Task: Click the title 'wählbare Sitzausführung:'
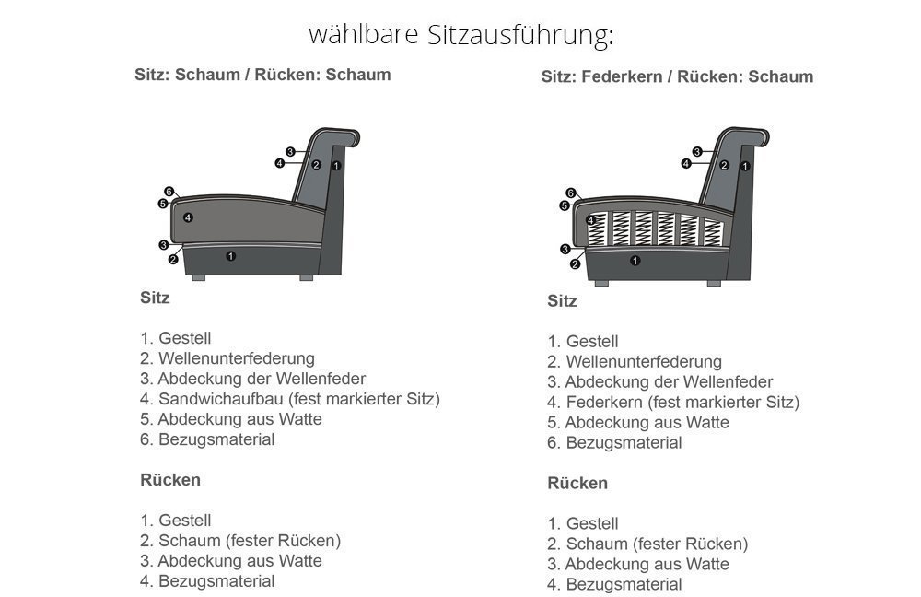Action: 460,35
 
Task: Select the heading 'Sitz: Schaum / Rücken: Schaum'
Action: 262,75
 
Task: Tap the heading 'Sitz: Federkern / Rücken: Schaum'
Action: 677,76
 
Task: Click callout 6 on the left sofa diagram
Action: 169,192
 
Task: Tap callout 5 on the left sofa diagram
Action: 163,204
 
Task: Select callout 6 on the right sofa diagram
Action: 570,193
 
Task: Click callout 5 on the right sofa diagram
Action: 564,205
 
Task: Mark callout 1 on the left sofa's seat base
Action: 231,256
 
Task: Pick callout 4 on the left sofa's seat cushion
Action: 187,218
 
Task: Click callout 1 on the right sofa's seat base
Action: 635,261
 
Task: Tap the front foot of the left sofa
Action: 199,278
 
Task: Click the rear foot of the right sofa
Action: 715,283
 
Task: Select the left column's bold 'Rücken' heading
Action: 170,480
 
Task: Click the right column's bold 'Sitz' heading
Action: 562,301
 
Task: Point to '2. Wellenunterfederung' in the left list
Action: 227,358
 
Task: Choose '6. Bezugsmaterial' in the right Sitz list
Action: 614,443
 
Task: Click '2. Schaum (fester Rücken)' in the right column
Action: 647,544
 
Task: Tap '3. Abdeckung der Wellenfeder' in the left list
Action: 252,379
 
